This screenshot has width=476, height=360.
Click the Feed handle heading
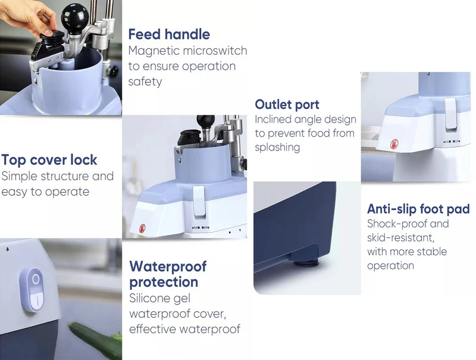coord(169,35)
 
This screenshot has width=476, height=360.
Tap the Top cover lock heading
coord(49,160)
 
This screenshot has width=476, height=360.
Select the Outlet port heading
coord(287,105)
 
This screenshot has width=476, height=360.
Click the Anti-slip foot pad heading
coord(418,209)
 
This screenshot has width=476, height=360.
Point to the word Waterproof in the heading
coord(168,267)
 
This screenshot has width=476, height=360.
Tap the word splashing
coord(277,148)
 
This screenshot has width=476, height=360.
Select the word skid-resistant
coord(400,237)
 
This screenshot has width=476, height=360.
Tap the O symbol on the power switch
coord(36,279)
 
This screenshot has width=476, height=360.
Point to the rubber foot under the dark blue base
coord(306,262)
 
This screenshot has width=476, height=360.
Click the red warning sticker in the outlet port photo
coord(394,144)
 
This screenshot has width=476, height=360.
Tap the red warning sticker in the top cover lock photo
coord(142,228)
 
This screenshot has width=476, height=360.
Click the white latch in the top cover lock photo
coord(199,201)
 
